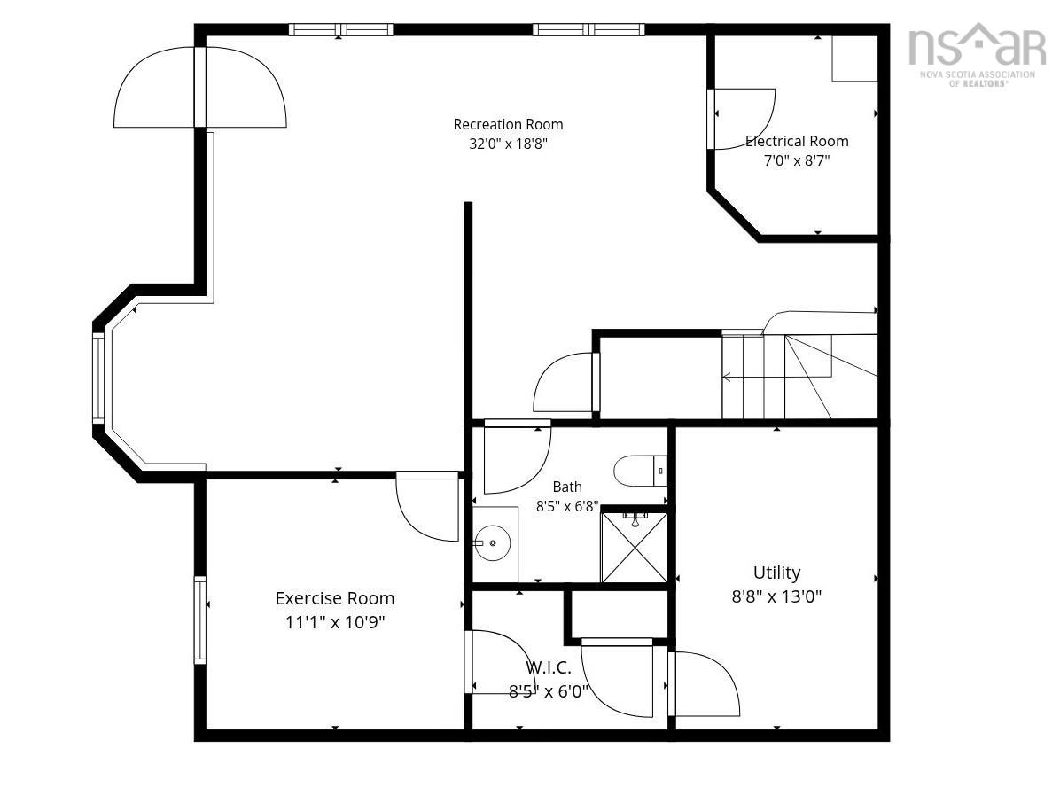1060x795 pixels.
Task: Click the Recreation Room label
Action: point(508,124)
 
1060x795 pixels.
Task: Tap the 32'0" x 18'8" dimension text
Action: point(508,144)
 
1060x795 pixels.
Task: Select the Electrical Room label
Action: point(797,141)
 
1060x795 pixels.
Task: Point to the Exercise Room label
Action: point(335,598)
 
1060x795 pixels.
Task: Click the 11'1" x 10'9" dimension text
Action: point(335,622)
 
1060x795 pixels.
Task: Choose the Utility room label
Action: point(776,573)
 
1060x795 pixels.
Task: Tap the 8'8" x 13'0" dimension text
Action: point(776,596)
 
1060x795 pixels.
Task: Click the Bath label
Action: point(567,487)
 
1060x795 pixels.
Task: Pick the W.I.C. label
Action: point(549,668)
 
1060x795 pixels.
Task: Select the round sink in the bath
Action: point(492,542)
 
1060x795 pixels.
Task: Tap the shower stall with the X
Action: point(634,548)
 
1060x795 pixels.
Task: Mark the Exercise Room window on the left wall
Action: point(200,620)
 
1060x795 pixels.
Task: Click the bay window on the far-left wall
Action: point(98,378)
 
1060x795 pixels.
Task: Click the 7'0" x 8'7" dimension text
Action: point(797,161)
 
